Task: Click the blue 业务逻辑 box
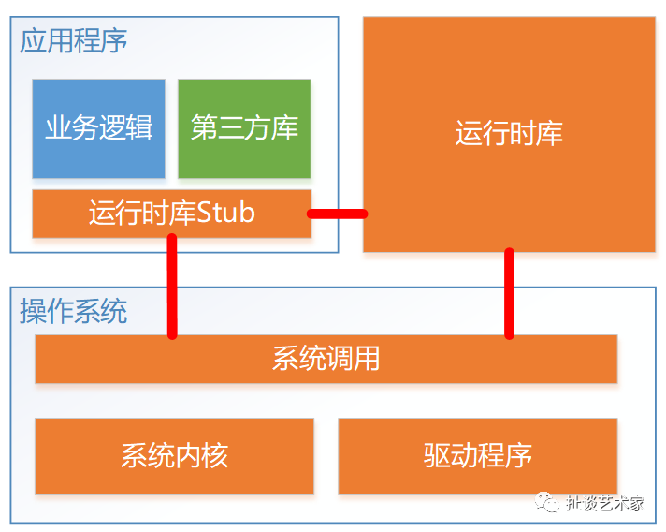point(98,128)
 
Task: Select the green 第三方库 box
point(244,128)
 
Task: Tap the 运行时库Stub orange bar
point(171,214)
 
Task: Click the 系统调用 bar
point(326,359)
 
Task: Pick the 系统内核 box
point(174,456)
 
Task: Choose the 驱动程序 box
point(477,456)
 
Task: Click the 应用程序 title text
point(74,41)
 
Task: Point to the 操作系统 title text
point(74,311)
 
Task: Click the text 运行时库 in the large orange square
point(509,133)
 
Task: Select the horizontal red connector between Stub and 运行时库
point(338,214)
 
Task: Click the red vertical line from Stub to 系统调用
point(172,287)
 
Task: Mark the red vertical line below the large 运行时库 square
point(509,293)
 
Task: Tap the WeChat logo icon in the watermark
point(547,502)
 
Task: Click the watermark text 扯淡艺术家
point(605,503)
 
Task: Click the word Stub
point(225,213)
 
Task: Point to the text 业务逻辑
point(98,127)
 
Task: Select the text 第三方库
point(244,127)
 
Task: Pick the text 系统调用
point(326,359)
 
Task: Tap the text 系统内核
point(174,455)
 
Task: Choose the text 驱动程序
point(477,455)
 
